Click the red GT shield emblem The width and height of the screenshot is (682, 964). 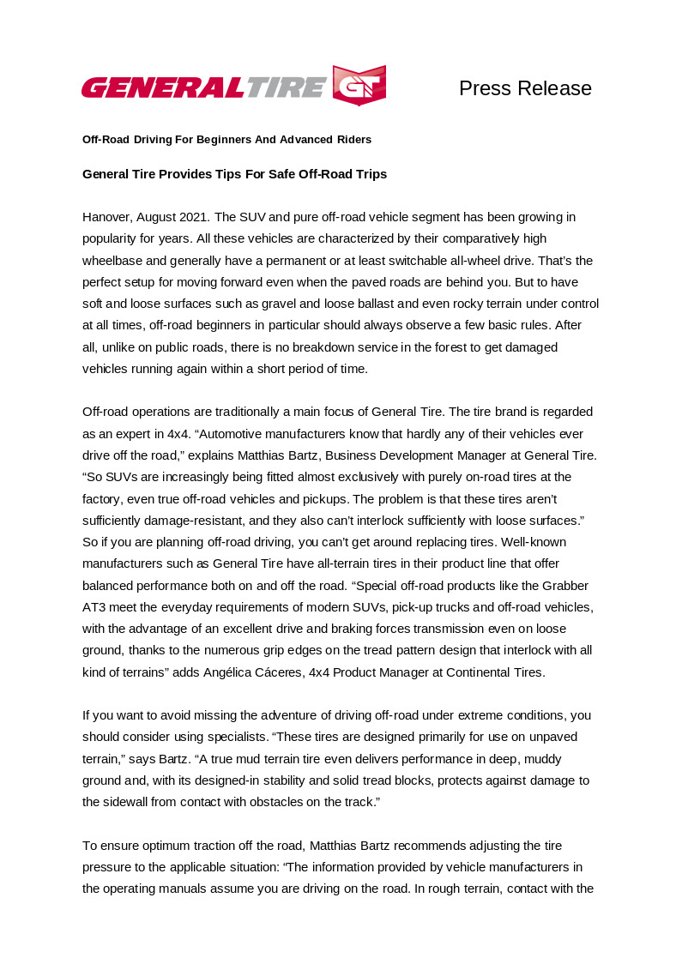click(x=359, y=85)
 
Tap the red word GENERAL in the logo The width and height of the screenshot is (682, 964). click(x=163, y=87)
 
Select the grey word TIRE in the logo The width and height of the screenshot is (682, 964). click(x=287, y=87)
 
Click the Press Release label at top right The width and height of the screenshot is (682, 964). click(x=525, y=88)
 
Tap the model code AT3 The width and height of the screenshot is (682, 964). click(x=94, y=607)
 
